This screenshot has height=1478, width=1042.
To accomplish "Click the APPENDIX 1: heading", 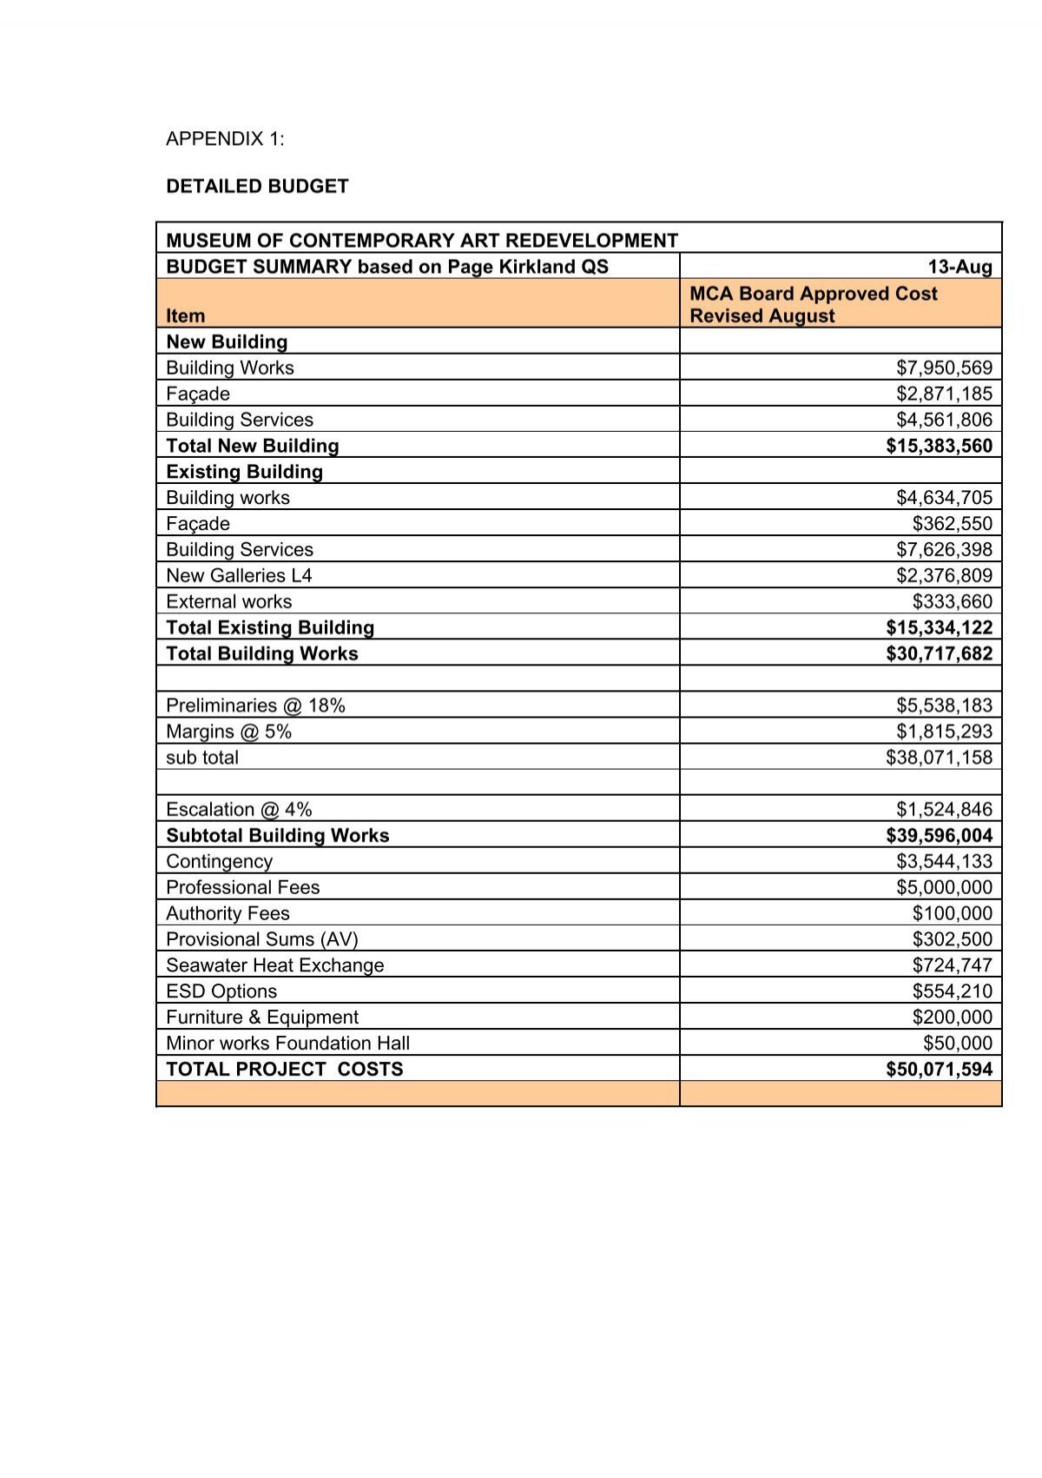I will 225,139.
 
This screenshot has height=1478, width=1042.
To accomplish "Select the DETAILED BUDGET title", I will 257,186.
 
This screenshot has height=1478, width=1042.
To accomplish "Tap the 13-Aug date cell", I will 960,267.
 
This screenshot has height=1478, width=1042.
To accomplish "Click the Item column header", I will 186,316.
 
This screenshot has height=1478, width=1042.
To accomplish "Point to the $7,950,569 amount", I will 944,368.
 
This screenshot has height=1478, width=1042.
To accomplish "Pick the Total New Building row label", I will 252,446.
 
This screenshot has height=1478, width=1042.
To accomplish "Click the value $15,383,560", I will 939,446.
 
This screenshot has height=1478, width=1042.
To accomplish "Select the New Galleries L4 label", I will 239,575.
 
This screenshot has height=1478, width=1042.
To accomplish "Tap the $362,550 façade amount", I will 952,523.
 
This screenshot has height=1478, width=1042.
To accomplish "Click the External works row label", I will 228,601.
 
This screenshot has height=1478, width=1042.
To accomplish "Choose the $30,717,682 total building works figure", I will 939,653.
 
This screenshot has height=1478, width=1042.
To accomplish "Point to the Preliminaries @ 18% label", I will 255,706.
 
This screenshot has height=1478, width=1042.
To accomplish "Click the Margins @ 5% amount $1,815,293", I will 944,732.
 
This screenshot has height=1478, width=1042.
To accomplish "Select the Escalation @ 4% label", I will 239,810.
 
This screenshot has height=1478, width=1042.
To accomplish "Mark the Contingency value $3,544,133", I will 944,861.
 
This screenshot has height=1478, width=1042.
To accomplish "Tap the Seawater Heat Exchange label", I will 274,965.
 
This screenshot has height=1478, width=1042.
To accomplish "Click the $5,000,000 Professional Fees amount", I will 944,887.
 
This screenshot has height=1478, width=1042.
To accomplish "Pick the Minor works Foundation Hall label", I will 287,1044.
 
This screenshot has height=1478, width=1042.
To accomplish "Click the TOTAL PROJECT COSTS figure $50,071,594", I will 939,1070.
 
